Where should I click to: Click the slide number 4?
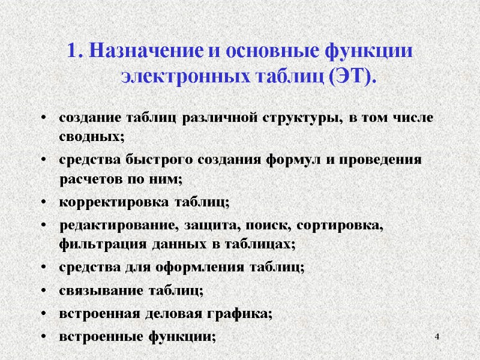tap(437, 340)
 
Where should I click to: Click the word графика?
tap(241, 313)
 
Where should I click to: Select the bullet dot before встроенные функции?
tap(44, 337)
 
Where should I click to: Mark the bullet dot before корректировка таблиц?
tap(44, 202)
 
